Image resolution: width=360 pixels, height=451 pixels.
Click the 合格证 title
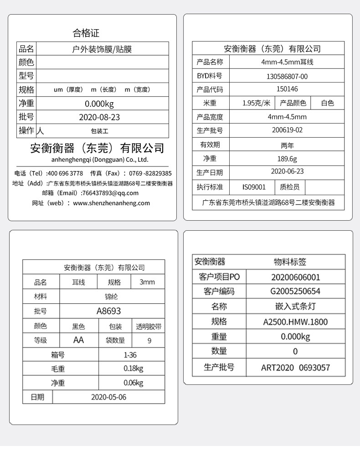pos(86,33)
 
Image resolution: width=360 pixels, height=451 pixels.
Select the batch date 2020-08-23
pos(99,117)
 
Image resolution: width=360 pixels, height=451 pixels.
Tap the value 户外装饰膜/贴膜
pos(102,49)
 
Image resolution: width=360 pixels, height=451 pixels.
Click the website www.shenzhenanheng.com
pos(111,203)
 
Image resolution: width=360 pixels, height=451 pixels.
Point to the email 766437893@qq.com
pos(109,193)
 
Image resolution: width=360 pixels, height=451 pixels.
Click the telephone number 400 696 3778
pos(65,173)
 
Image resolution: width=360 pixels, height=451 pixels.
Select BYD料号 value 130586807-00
pos(287,76)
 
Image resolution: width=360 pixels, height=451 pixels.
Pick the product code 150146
pos(287,89)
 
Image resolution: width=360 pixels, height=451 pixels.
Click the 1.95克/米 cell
pos(256,103)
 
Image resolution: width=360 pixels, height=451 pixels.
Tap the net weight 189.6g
pos(287,159)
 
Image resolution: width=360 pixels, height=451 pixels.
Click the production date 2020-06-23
pos(287,172)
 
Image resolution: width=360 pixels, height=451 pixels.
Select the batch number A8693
pos(108,311)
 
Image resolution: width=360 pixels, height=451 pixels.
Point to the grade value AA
pos(78,340)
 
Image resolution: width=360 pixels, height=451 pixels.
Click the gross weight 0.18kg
pos(133,368)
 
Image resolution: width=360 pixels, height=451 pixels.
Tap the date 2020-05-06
pos(108,397)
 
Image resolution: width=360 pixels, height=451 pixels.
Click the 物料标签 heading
pos(290,262)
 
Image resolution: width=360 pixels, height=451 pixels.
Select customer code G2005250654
pos(295,291)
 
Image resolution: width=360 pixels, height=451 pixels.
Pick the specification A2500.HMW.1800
pos(295,321)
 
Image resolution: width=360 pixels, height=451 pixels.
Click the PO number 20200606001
pos(295,277)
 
